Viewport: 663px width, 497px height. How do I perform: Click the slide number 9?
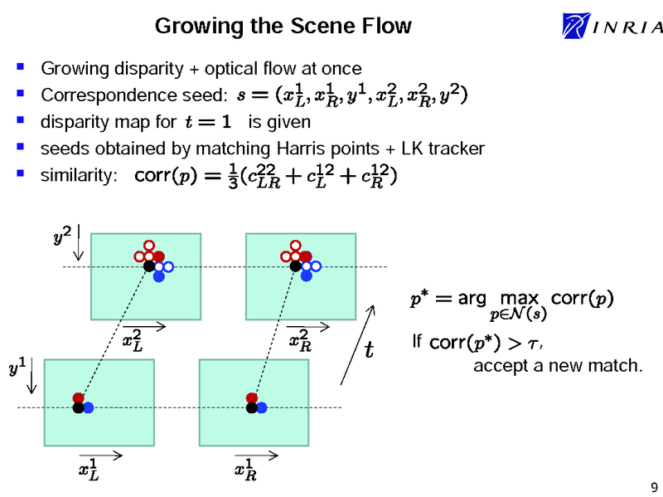(x=655, y=486)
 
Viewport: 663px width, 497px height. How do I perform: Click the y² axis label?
(x=61, y=238)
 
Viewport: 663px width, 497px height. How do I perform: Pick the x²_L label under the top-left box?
(x=132, y=341)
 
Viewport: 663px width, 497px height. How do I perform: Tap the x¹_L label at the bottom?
(x=87, y=470)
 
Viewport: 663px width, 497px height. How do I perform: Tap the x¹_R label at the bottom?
(x=244, y=470)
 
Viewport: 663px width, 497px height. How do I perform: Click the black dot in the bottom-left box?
(x=78, y=407)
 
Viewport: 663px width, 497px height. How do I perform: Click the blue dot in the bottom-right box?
(x=261, y=407)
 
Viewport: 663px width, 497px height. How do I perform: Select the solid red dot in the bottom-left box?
(x=78, y=397)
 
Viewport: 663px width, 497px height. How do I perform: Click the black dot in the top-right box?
(x=295, y=266)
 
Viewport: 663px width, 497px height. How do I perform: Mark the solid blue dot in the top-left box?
(x=158, y=275)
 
